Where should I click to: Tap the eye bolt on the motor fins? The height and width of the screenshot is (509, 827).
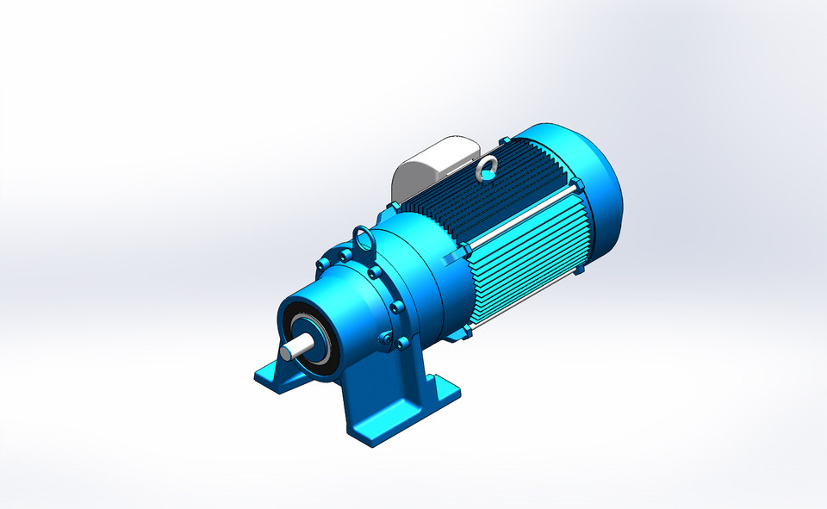pos(488,168)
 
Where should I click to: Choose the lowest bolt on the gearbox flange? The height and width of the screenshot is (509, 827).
pos(402,344)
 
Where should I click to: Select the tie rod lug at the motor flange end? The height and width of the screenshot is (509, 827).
pos(466,251)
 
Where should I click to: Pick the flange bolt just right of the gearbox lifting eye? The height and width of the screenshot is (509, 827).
pos(376,272)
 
